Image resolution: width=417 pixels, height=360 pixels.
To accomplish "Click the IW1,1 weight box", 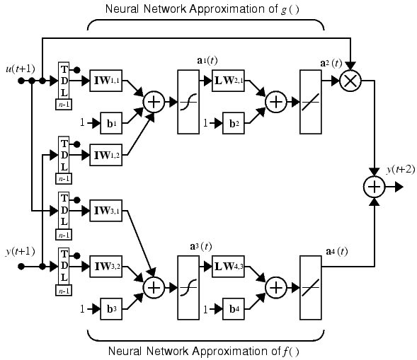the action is click(106, 81).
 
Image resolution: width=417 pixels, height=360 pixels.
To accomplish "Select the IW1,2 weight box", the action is click(106, 155).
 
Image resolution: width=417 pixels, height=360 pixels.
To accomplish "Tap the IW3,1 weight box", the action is click(106, 211).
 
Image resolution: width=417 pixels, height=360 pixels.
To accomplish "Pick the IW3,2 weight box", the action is click(106, 266).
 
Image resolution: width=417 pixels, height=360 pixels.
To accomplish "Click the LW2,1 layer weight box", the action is click(228, 81).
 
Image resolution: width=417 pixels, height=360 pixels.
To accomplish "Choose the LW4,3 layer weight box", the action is click(228, 266).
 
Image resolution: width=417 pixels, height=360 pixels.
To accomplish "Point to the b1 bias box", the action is click(111, 123).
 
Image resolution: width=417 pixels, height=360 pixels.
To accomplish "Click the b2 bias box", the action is click(234, 123).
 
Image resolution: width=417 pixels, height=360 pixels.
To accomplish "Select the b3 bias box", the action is click(111, 309).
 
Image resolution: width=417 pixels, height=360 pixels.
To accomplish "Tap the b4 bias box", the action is click(234, 309).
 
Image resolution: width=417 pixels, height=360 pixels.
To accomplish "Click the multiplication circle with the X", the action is click(350, 81).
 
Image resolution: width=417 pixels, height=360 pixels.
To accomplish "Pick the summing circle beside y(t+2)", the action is click(375, 187).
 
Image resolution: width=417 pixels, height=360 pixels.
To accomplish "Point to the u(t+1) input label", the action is click(21, 69).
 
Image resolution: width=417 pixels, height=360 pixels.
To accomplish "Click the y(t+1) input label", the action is click(21, 251).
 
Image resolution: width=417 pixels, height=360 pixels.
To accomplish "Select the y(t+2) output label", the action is click(401, 169).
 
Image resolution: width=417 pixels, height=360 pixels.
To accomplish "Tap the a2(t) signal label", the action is click(331, 63).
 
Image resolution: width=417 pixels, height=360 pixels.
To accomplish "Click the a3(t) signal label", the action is click(201, 247).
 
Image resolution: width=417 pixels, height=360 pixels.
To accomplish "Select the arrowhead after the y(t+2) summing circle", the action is click(399, 187).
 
